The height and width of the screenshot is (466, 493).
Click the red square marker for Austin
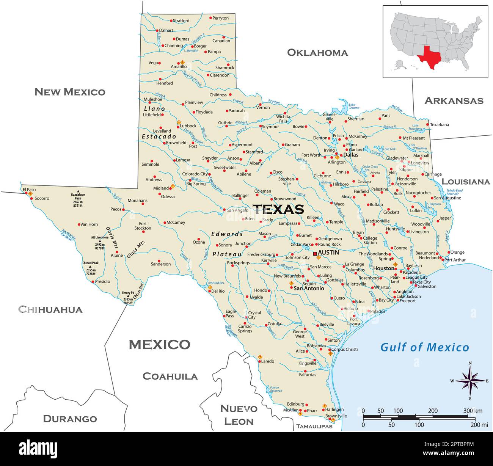coord(315,254)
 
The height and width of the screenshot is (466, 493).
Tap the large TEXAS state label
coord(278,209)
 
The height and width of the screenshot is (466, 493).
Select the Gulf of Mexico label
coord(424,347)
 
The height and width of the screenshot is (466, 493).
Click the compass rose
coord(470,381)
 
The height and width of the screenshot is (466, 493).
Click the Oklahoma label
coord(317,53)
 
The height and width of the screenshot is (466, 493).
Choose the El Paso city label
coord(29,189)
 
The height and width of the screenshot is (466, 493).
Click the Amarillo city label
coord(179,67)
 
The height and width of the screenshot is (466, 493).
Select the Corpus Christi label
coord(344,349)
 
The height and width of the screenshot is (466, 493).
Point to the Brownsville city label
coord(336,416)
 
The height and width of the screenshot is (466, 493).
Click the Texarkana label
coord(440,125)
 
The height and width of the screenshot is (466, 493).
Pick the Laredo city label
coord(267,361)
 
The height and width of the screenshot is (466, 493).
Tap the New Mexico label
coord(70,92)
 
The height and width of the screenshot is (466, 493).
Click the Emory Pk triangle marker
coord(128,296)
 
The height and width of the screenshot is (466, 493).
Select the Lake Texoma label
coord(354,106)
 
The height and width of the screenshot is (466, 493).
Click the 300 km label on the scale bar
coord(473,411)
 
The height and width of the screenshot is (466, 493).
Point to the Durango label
coord(70,419)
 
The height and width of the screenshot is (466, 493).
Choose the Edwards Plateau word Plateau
coord(227,254)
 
